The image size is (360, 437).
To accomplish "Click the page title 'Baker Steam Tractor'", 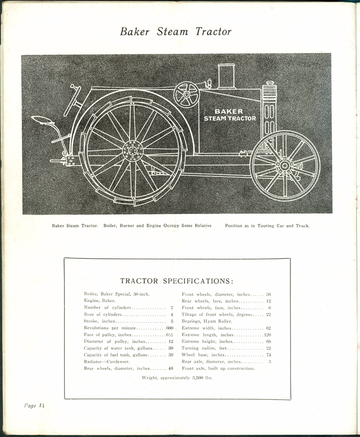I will coord(176,32).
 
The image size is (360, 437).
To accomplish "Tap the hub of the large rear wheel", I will coord(132,151).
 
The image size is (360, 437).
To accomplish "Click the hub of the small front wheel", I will coord(284,166).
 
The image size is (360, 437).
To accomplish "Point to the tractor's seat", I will coord(43,120).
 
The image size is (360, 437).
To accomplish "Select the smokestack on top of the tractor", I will coord(226,76).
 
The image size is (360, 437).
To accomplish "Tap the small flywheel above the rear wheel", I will coord(187,94).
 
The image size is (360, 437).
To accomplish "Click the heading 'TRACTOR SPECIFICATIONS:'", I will coord(177,281).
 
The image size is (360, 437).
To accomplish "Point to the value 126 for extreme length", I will coord(267,335).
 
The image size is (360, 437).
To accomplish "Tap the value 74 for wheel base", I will coord(268,355).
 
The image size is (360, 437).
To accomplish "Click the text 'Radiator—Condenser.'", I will coord(107,362).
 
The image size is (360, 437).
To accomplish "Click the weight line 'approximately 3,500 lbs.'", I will coord(177,377).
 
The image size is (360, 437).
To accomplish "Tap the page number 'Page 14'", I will coord(34,405).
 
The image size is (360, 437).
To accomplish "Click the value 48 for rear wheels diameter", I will coord(170,369).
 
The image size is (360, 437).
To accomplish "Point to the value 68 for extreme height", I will coord(268,342).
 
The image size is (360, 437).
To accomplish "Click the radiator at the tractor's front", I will coord(269,109).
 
